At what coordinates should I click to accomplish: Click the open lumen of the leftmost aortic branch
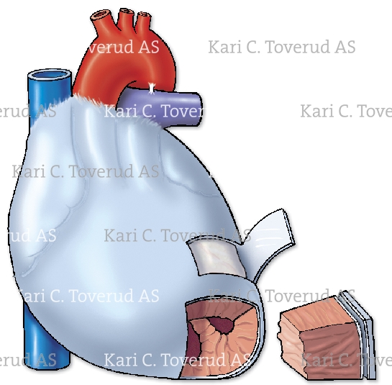[x=101, y=14]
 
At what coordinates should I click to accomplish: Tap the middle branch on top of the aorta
[x=127, y=19]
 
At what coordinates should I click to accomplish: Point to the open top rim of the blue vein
[x=49, y=74]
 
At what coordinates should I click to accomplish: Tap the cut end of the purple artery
[x=198, y=109]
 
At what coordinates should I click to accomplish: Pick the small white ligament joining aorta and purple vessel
[x=151, y=89]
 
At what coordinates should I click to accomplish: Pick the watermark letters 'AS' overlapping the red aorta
[x=148, y=47]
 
